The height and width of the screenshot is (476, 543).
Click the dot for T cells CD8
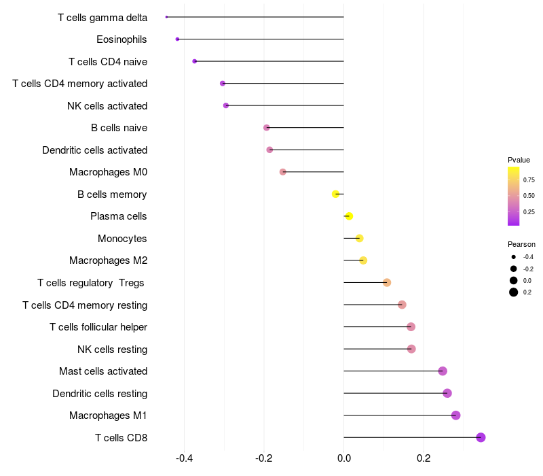481,437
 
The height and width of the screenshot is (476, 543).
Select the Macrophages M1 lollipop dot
455,415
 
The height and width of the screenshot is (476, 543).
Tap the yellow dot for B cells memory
335,194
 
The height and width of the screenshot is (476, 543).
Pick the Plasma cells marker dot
349,216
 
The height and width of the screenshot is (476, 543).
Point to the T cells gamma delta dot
166,17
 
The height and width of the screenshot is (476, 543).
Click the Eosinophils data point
177,39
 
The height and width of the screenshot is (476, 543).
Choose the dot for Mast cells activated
443,371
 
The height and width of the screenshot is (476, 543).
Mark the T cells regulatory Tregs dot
387,283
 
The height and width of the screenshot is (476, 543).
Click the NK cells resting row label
112,350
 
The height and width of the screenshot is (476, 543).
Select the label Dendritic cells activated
94,150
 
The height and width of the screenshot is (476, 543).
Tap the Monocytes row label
122,239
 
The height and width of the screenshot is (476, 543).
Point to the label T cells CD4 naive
108,62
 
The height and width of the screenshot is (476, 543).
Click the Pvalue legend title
519,160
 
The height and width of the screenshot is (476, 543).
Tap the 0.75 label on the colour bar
529,180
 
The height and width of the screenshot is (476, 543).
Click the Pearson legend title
521,244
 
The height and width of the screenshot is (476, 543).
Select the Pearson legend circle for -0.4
514,257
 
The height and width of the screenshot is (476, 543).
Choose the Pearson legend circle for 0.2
514,292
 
